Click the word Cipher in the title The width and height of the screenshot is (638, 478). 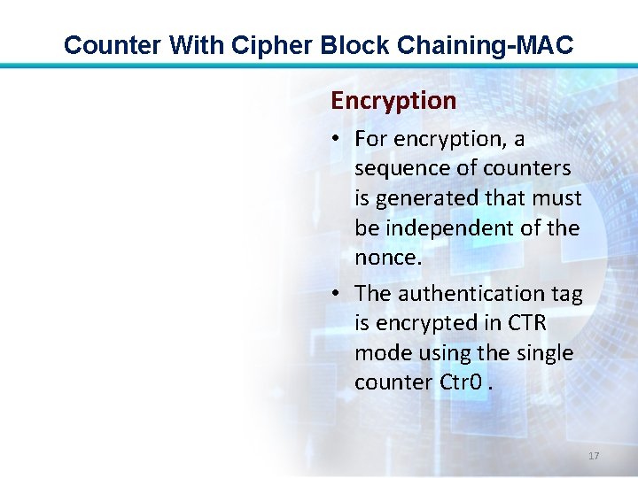[x=276, y=44]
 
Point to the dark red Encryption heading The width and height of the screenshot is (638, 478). [x=393, y=101]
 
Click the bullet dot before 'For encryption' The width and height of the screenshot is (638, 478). [x=338, y=140]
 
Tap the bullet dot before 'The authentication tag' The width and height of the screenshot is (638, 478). [x=338, y=294]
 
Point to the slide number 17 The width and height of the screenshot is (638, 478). [x=594, y=455]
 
